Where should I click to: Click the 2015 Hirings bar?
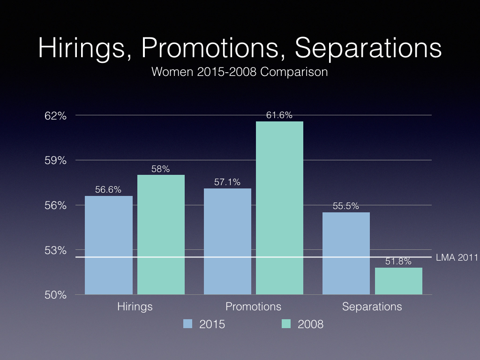pyautogui.click(x=109, y=245)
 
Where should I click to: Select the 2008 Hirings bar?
pyautogui.click(x=161, y=234)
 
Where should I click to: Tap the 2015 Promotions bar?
pyautogui.click(x=227, y=241)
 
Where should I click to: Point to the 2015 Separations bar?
pyautogui.click(x=346, y=253)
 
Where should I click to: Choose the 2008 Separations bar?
pyautogui.click(x=398, y=281)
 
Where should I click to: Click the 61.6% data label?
pyautogui.click(x=279, y=115)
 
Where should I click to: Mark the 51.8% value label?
pyautogui.click(x=398, y=261)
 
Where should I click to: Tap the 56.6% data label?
pyautogui.click(x=108, y=189)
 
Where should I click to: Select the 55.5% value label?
pyautogui.click(x=346, y=206)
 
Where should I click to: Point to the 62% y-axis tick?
pyautogui.click(x=55, y=116)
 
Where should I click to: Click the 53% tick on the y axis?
pyautogui.click(x=55, y=250)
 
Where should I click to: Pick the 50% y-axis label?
pyautogui.click(x=55, y=295)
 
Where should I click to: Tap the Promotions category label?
pyautogui.click(x=254, y=307)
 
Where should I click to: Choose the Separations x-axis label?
pyautogui.click(x=372, y=307)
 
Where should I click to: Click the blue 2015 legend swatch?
pyautogui.click(x=187, y=323)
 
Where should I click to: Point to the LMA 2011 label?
pyautogui.click(x=457, y=257)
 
